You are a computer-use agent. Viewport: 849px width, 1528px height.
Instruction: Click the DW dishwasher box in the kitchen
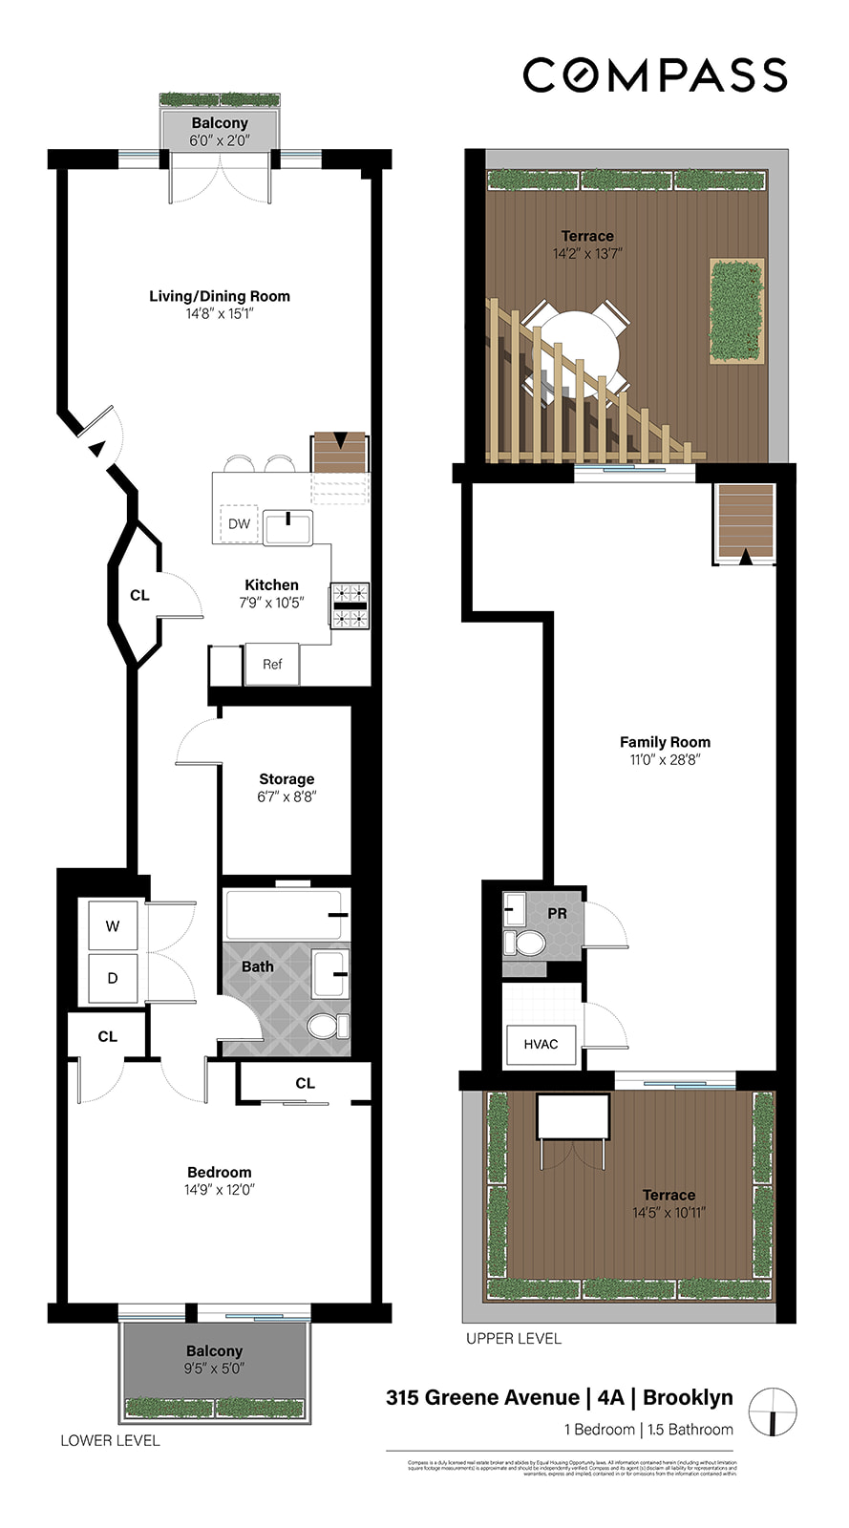(239, 523)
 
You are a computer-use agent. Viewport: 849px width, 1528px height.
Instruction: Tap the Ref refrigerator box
(272, 664)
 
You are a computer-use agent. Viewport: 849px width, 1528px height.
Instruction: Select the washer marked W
(113, 925)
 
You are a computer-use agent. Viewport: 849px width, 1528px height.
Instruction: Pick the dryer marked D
(113, 978)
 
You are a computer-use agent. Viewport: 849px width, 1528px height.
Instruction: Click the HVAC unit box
(541, 1044)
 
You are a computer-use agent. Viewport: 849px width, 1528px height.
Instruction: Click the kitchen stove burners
(350, 605)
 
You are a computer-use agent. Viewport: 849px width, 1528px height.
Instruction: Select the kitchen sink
(287, 527)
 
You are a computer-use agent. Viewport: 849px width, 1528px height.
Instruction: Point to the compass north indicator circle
(773, 1411)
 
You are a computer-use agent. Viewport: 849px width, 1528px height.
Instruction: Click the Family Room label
(665, 742)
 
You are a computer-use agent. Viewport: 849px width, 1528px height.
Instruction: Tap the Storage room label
(287, 779)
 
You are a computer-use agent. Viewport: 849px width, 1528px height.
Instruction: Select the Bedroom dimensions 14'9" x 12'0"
(220, 1190)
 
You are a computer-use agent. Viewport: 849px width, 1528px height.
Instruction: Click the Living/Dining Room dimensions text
(220, 313)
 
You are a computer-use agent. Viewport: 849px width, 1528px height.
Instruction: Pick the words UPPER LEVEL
(514, 1338)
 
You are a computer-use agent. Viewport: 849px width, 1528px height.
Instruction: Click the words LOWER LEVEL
(110, 1440)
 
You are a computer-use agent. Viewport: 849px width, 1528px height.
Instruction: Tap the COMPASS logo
(655, 75)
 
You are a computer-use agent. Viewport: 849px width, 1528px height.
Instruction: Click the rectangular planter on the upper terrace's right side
(737, 309)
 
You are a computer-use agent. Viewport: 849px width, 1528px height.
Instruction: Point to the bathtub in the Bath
(285, 915)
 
